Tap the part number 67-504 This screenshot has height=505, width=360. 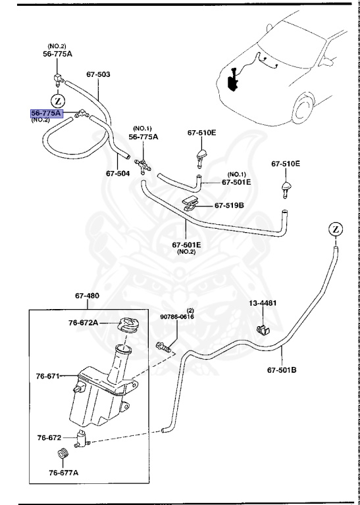coord(118,174)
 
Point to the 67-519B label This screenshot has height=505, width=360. coord(229,206)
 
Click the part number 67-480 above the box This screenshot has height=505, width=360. coord(87,296)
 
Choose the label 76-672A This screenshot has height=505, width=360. coord(83,323)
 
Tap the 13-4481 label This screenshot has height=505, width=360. coord(263,304)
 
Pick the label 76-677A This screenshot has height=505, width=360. coord(64,472)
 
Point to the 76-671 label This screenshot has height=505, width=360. coord(48,377)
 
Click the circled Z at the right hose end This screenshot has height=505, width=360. coord(335,229)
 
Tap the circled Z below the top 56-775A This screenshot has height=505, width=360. coord(58,101)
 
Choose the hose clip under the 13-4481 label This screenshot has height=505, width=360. coord(262,328)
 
